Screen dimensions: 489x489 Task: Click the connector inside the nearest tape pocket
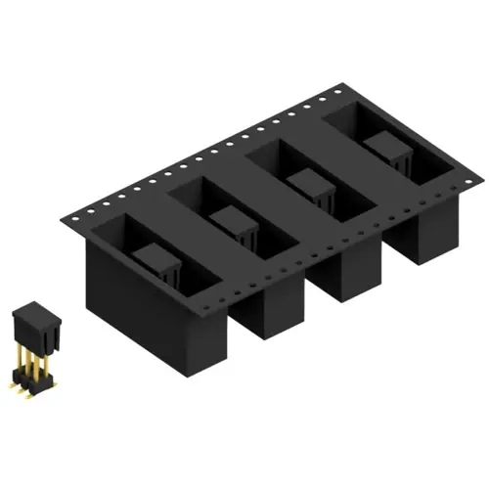[x=157, y=262]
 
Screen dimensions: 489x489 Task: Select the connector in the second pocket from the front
[x=234, y=223]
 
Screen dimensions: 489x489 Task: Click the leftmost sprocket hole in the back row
[x=89, y=206]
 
